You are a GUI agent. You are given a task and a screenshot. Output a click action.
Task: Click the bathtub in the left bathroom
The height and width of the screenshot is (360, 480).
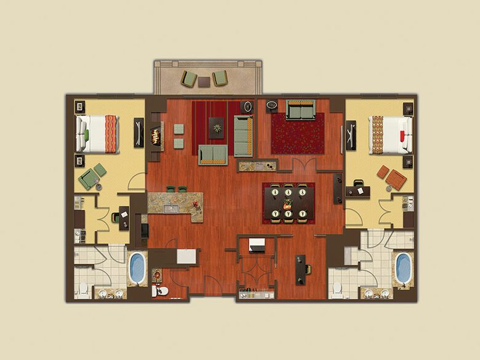point(137,268)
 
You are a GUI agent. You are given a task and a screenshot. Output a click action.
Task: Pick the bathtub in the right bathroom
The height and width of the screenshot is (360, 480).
point(403,268)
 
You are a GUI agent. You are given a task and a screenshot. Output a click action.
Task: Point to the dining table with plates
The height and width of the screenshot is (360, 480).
point(288,202)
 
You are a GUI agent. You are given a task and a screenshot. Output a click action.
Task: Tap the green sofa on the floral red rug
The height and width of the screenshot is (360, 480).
point(299,111)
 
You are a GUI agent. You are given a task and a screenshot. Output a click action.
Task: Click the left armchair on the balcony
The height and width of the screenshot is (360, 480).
point(189,79)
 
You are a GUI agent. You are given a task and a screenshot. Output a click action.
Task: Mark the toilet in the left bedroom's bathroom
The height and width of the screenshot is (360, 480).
point(82,289)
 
